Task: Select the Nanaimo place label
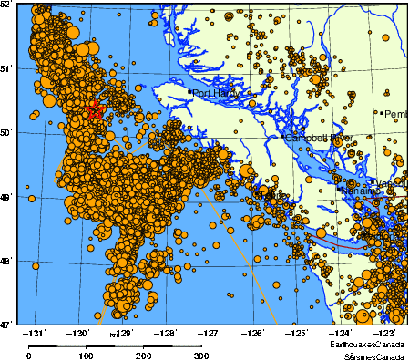(x=358, y=191)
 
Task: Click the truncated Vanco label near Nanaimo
(x=391, y=183)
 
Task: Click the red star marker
(x=95, y=111)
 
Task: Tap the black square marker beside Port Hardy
(x=189, y=92)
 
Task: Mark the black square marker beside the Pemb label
(x=381, y=113)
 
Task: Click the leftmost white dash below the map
(x=71, y=346)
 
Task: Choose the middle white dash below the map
(x=128, y=346)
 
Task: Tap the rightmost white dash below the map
(x=187, y=346)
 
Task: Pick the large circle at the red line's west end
(x=321, y=232)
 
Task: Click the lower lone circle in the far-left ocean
(x=36, y=266)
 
